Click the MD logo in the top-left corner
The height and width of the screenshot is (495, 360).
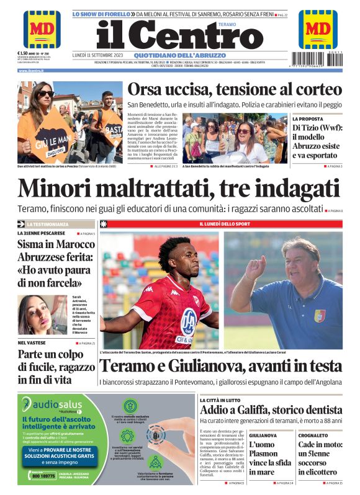pos(42,29)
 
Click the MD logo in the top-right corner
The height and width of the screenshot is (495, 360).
pos(318,29)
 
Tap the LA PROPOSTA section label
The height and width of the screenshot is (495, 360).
pos(308,118)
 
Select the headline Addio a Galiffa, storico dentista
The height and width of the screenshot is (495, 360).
pos(270,411)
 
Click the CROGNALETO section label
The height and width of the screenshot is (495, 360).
pos(313,435)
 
